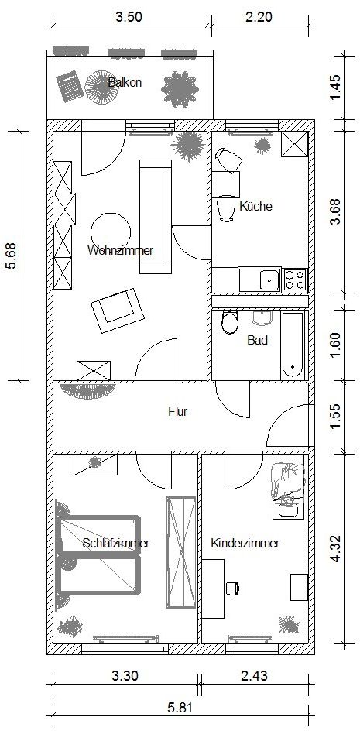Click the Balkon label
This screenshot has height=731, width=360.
(x=125, y=83)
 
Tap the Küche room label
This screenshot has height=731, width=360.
(x=255, y=206)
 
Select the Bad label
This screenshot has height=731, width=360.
(x=257, y=340)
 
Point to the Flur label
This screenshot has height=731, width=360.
(x=177, y=412)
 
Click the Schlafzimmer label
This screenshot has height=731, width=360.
(x=115, y=543)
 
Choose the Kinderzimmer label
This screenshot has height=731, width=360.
(x=245, y=543)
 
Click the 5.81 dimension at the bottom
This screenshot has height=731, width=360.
(x=180, y=708)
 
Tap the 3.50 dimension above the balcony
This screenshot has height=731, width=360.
(x=129, y=17)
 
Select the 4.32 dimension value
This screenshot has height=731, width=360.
(x=337, y=549)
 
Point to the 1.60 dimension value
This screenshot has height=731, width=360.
(x=337, y=344)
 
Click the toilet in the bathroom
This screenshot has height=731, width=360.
(x=229, y=321)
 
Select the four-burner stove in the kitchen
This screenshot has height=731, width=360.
(x=295, y=280)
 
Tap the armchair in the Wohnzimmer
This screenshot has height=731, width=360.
(x=117, y=311)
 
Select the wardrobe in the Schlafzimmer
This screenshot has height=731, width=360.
(x=181, y=552)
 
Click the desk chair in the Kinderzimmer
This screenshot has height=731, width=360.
(x=232, y=588)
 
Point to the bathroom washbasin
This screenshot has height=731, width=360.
(x=262, y=317)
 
